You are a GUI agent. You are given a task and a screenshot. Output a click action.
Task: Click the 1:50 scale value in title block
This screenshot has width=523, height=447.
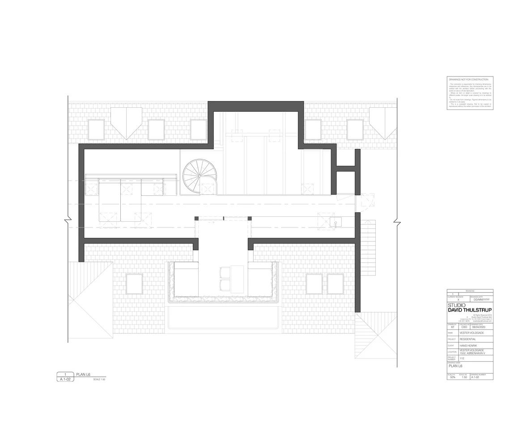[464, 377]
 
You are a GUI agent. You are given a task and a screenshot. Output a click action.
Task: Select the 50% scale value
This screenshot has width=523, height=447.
[452, 377]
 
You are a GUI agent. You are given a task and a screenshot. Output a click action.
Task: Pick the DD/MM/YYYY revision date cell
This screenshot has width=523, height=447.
[481, 299]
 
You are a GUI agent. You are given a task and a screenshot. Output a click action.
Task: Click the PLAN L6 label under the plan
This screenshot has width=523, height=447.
[83, 374]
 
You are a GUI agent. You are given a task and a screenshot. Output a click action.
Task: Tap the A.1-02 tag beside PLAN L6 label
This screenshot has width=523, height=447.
[65, 379]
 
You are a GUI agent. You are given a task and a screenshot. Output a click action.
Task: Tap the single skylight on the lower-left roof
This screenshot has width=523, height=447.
[134, 284]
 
